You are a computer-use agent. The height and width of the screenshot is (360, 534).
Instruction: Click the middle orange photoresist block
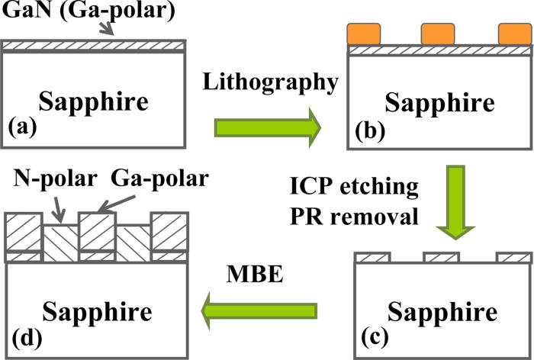coord(438,34)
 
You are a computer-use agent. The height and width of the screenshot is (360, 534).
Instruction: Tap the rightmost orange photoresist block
coord(513,34)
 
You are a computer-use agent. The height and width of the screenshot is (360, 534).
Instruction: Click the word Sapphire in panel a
coord(92,101)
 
